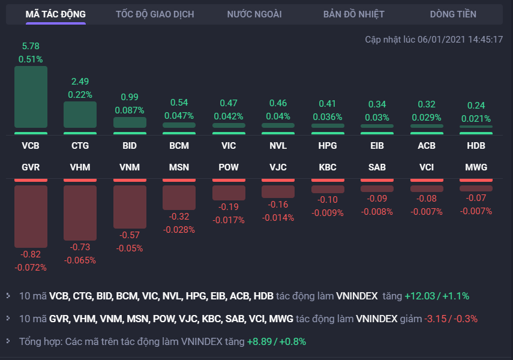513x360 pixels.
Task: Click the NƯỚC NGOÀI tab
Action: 254,14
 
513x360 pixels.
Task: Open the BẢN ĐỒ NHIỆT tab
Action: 353,14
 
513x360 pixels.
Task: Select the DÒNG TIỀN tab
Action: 453,14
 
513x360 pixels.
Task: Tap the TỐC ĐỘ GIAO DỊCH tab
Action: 155,14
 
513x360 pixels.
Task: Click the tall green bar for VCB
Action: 31,98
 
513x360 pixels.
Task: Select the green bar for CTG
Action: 80,114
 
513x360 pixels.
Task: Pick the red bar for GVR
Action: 31,216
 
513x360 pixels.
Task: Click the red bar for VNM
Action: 130,206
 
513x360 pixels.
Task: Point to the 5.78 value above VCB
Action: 31,46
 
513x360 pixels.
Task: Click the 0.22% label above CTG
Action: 80,94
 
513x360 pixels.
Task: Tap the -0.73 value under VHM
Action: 80,247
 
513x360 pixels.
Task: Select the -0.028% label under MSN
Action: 179,230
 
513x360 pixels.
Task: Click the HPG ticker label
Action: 328,146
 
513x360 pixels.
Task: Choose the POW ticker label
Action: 229,167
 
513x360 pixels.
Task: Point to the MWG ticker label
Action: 476,167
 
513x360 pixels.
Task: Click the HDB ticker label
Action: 476,146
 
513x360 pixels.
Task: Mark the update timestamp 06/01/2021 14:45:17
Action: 460,40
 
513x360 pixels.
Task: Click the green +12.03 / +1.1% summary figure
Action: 437,296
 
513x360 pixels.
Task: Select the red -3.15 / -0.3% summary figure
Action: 451,319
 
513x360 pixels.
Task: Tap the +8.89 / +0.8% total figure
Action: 277,341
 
